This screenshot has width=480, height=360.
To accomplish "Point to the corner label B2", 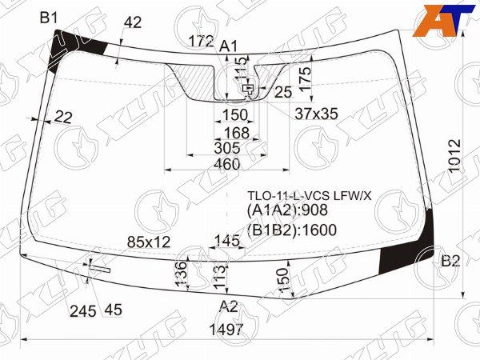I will (450, 261).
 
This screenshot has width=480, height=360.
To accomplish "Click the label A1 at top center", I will (230, 46).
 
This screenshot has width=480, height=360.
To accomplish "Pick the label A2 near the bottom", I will (229, 306).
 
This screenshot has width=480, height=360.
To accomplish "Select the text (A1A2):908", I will (287, 211).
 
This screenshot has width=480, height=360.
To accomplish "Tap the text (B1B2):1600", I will (292, 231).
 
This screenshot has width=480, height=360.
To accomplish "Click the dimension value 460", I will (228, 164).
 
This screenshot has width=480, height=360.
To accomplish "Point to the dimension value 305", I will (228, 148).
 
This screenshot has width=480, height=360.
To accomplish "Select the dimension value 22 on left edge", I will (64, 118).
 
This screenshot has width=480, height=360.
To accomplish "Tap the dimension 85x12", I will (149, 241).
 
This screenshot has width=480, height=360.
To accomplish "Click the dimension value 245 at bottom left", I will (82, 310).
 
